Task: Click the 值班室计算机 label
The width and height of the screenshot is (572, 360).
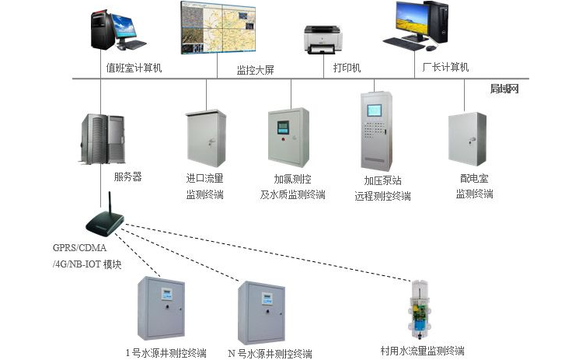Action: tap(134, 68)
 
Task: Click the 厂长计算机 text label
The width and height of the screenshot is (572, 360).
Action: tap(445, 68)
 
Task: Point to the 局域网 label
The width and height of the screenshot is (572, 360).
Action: tap(504, 89)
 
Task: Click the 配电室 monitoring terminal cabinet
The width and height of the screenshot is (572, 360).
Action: tap(468, 138)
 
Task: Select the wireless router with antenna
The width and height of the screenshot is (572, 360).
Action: tap(103, 222)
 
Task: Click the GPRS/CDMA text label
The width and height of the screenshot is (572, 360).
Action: tap(78, 249)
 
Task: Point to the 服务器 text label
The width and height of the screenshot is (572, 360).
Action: tap(127, 177)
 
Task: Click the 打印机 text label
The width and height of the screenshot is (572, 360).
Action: tap(347, 68)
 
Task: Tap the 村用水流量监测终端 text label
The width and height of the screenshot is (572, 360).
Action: tap(422, 351)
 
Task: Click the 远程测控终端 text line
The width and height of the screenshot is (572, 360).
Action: tap(382, 196)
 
